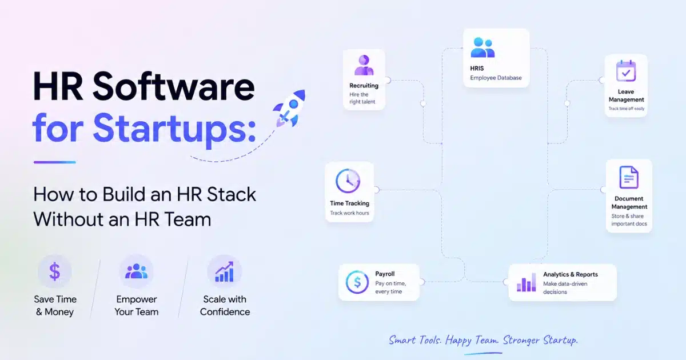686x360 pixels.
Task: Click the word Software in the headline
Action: (173, 86)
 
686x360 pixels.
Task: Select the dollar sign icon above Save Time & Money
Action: (54, 271)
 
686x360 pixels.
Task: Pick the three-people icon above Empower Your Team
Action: (136, 271)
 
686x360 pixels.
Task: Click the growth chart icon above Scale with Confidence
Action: (225, 271)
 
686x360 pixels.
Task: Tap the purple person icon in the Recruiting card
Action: (364, 65)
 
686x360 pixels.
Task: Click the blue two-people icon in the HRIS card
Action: (482, 47)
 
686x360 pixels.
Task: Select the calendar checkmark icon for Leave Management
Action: (626, 71)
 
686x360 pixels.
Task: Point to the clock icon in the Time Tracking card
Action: (348, 181)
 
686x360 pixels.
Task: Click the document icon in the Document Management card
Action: (629, 177)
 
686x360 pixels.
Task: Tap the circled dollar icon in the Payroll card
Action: (357, 282)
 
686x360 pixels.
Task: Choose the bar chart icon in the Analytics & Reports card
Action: (527, 282)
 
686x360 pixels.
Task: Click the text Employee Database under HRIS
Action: (496, 78)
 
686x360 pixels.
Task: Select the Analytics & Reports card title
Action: (571, 274)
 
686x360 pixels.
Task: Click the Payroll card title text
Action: (385, 274)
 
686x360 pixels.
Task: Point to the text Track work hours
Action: (349, 213)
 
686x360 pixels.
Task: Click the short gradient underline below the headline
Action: (55, 162)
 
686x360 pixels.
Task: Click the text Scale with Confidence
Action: (225, 306)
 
